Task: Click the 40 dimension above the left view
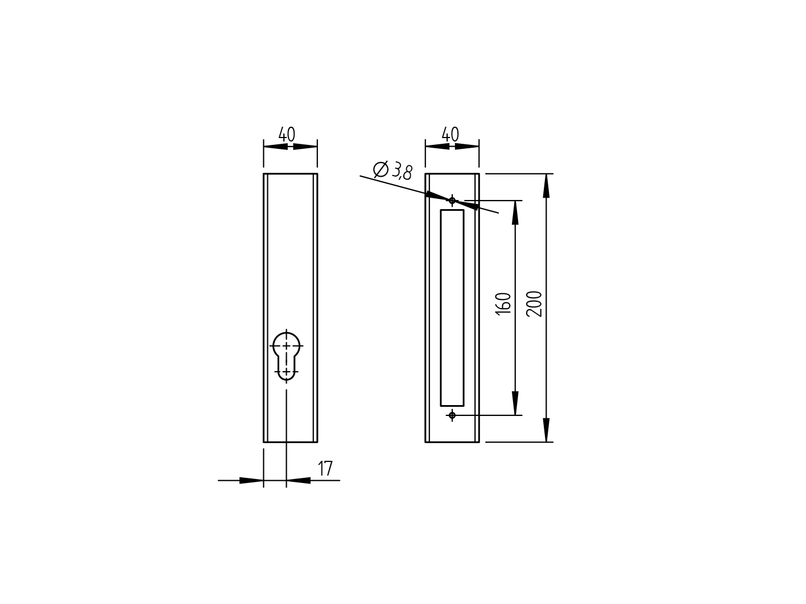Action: click(287, 135)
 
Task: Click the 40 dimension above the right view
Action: click(450, 135)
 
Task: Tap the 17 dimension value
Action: click(325, 469)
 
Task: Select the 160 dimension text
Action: click(503, 303)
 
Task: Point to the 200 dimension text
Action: click(535, 303)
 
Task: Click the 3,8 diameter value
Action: click(402, 170)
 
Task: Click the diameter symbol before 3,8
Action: click(381, 169)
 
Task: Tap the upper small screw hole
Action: click(452, 200)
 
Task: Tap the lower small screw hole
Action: click(452, 415)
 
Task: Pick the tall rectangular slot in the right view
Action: click(452, 307)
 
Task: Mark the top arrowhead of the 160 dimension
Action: click(515, 213)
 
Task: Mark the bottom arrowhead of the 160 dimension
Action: click(515, 403)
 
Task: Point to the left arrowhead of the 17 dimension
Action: click(251, 481)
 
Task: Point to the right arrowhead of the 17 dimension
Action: click(299, 481)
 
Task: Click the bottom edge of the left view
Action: click(290, 441)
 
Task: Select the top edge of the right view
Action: click(452, 174)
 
